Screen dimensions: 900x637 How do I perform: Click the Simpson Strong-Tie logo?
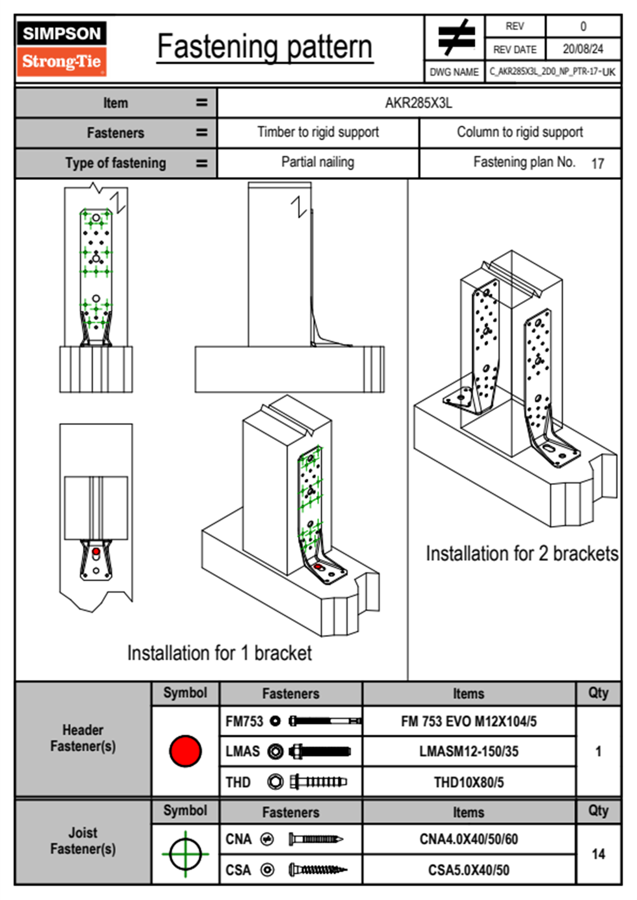pos(61,48)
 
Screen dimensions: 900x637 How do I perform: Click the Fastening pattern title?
pos(264,47)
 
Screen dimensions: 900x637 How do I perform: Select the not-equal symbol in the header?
pos(455,37)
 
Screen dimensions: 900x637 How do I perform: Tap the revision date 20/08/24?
pos(582,49)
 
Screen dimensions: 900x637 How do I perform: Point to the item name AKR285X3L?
pos(419,103)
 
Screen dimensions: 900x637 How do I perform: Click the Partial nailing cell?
pos(317,162)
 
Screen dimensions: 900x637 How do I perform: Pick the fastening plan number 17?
pos(597,163)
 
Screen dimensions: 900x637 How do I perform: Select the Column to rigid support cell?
pos(520,132)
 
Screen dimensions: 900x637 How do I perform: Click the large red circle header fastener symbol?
pos(185,751)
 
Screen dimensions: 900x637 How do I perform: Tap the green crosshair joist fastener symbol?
pos(185,854)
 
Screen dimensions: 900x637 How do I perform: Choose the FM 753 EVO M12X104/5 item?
pos(468,721)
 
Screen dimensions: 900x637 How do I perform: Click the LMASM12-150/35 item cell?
pos(468,751)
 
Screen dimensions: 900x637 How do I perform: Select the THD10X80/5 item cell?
pos(468,782)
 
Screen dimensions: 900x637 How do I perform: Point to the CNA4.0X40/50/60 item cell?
pos(468,839)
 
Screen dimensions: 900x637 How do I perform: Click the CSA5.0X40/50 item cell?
pos(468,870)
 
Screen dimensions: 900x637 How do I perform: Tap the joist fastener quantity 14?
pos(598,854)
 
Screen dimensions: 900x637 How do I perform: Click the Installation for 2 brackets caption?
pos(522,553)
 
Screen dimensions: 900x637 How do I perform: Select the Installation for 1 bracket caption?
pos(219,653)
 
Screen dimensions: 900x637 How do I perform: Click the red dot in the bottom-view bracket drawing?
pos(96,551)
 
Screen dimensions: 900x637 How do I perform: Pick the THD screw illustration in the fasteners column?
pos(318,782)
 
